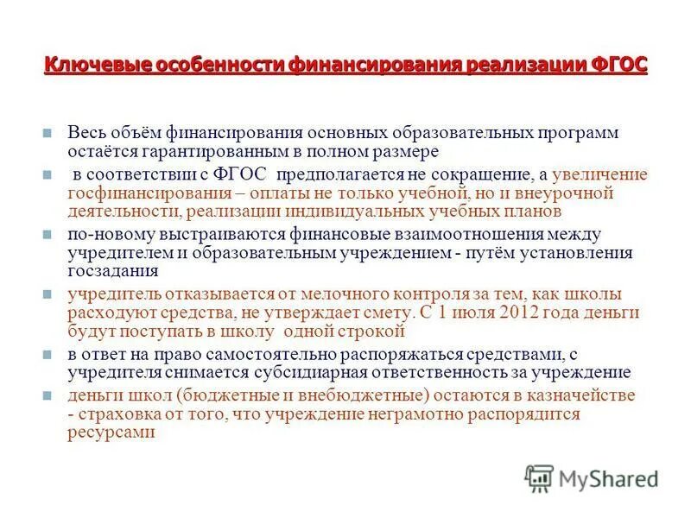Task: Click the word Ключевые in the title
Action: click(83, 66)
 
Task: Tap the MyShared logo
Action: click(592, 477)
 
